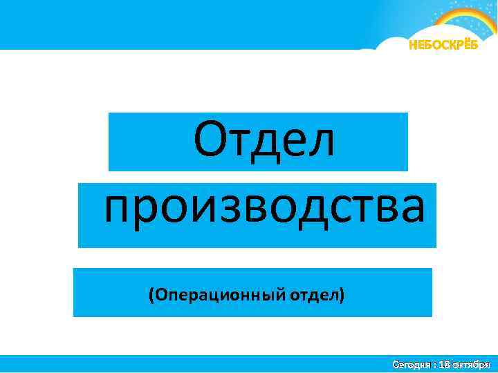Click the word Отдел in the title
tap(264, 138)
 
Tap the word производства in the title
tap(265, 209)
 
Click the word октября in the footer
tap(472, 363)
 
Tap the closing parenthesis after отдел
tap(341, 295)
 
